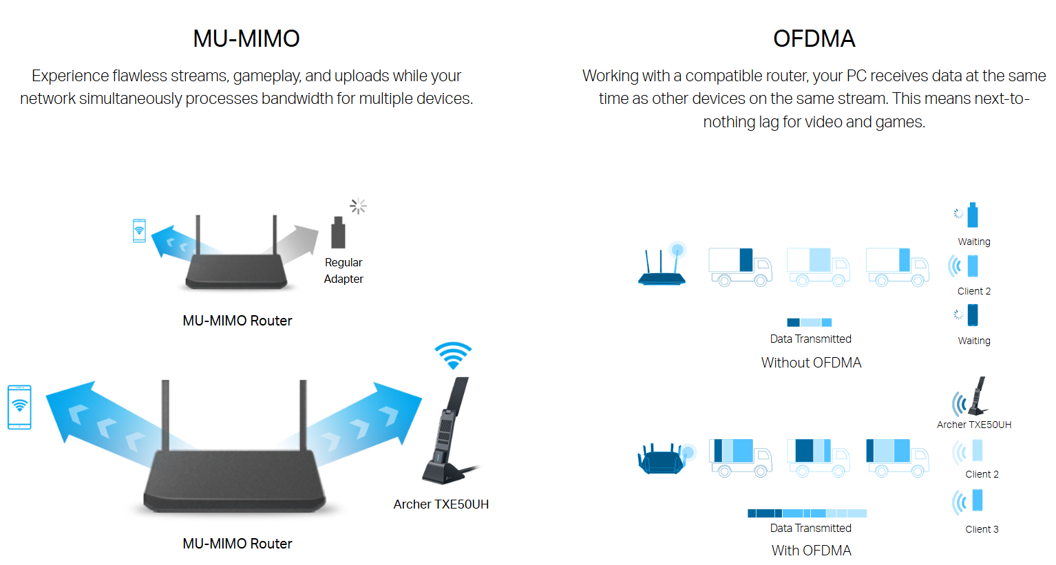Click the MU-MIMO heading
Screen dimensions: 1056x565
pos(246,39)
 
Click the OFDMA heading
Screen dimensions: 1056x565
pos(814,39)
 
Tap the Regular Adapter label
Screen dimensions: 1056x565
pos(344,270)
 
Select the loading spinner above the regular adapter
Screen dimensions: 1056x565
pos(358,206)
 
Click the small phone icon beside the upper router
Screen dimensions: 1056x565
pos(139,231)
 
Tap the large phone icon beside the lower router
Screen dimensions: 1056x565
pos(19,407)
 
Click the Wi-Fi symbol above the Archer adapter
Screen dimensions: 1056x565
pos(453,356)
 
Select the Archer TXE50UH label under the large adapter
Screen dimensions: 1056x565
pos(441,504)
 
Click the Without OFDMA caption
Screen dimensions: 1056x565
pos(811,363)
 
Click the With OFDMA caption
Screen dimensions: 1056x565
pos(811,551)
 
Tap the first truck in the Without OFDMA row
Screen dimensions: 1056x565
pos(740,267)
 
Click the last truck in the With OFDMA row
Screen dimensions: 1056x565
pos(898,458)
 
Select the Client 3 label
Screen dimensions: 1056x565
pos(982,529)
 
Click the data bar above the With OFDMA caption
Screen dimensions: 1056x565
pos(807,513)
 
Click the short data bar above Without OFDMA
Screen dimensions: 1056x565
pos(809,322)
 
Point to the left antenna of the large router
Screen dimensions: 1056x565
pos(165,416)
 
